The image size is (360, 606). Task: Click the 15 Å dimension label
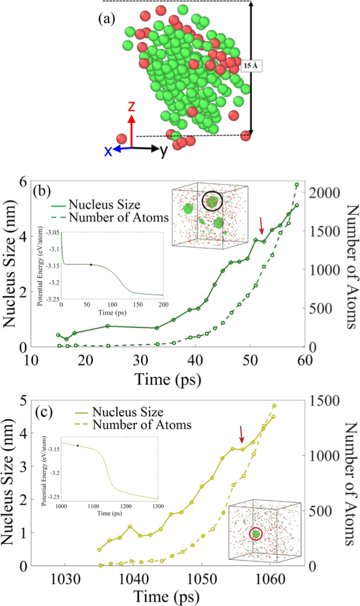[249, 66]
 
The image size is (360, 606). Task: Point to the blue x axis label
[108, 150]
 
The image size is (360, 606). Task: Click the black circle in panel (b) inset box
[213, 201]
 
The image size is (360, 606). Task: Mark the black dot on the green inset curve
[91, 265]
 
